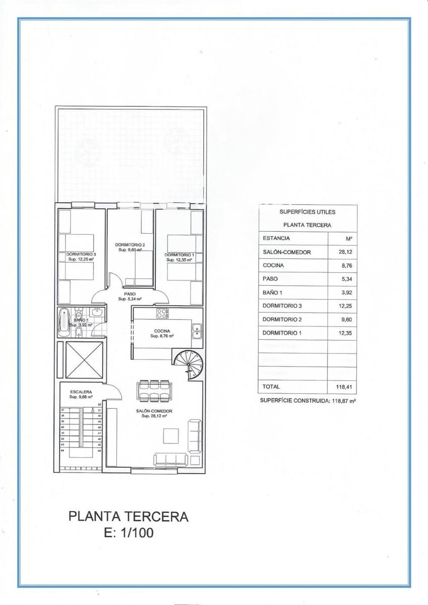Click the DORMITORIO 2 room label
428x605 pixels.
tap(131, 245)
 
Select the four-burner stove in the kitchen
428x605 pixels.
tap(162, 314)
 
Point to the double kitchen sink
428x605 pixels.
tap(197, 331)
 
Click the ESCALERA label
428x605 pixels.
tap(80, 391)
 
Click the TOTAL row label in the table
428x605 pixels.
tap(271, 387)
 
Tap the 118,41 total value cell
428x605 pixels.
tap(342, 387)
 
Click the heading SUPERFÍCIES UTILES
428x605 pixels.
tap(307, 212)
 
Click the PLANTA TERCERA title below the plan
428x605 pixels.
tap(128, 516)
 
